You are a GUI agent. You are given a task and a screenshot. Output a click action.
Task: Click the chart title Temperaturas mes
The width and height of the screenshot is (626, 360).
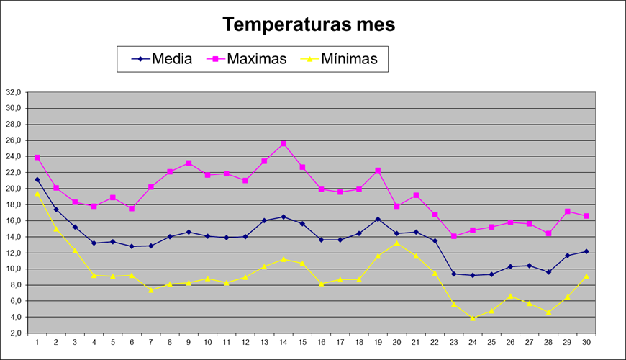(309, 24)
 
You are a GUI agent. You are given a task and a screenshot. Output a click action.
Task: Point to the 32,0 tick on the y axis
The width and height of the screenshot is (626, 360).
(14, 92)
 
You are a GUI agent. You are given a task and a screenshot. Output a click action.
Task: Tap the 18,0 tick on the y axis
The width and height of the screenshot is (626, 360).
(14, 204)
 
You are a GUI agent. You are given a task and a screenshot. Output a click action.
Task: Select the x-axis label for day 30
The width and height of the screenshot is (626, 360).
(587, 341)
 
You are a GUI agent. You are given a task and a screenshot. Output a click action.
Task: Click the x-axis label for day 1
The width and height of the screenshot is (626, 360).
(37, 341)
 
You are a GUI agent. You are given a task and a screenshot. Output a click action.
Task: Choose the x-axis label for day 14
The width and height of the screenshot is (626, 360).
(283, 341)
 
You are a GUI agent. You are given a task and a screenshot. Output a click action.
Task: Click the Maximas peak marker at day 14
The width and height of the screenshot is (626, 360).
(283, 144)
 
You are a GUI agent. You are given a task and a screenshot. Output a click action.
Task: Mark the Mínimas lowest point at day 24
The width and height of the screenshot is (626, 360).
(473, 318)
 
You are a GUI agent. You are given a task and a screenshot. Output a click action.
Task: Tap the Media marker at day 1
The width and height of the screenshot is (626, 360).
(37, 179)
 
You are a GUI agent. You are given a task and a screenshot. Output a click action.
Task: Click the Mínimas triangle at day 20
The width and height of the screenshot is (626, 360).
(397, 243)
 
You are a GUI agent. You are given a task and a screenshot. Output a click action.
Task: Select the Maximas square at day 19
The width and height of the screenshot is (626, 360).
(378, 171)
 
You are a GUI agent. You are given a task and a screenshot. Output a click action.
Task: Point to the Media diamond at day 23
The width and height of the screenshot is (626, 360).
(454, 274)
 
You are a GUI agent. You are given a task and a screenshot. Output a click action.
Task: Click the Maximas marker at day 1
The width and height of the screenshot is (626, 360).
(37, 158)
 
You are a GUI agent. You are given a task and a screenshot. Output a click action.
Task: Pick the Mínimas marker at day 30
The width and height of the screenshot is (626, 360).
(587, 276)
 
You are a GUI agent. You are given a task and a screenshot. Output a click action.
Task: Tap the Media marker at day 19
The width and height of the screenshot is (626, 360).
(378, 219)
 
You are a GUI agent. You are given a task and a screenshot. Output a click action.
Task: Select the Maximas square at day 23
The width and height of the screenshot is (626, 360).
(454, 236)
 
